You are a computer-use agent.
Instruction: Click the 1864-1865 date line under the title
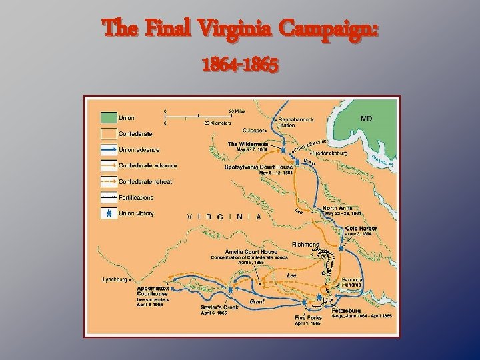tap(239, 66)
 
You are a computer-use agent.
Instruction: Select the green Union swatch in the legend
tap(107, 118)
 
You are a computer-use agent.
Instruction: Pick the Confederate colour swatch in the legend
tap(107, 133)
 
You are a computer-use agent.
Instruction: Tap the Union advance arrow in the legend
tap(107, 149)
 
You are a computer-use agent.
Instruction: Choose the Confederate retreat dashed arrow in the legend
tap(107, 181)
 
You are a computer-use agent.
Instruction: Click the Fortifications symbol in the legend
tap(107, 197)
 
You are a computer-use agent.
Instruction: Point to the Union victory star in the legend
tap(107, 213)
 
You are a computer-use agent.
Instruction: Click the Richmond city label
tap(305, 245)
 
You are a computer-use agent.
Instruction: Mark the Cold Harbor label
tap(361, 229)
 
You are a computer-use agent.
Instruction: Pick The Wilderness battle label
tap(248, 144)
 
